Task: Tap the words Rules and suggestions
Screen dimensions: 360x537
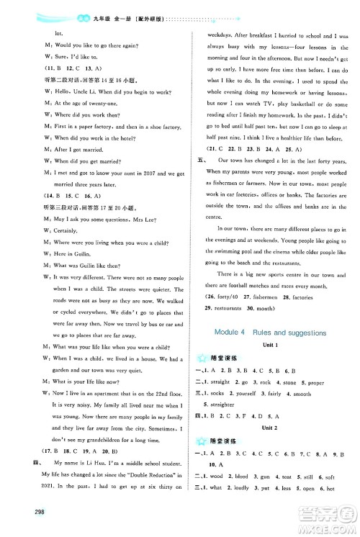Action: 292,333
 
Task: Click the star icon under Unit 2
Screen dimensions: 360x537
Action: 202,464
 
